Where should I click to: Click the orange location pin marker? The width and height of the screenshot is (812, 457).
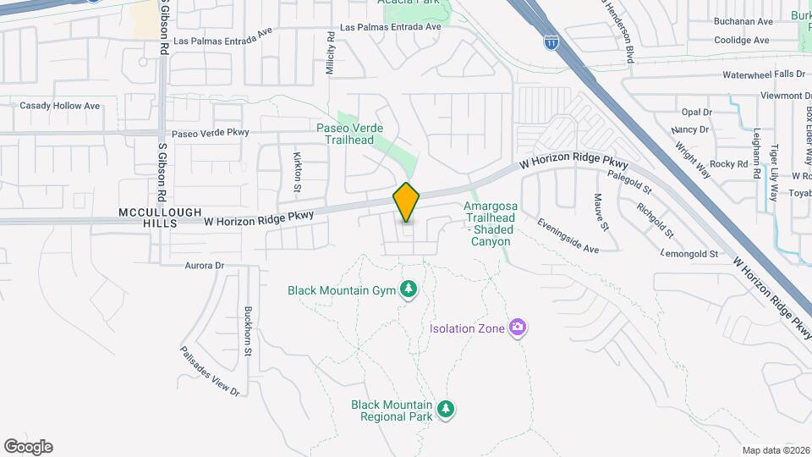point(407,203)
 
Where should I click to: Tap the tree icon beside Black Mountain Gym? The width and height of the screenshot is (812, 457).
point(409,290)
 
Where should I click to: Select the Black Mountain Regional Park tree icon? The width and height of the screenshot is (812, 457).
point(446,410)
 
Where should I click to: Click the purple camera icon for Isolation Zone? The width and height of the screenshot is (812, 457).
point(518,328)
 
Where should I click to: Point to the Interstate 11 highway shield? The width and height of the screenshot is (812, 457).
point(551,42)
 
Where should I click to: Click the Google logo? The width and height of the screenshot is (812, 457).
point(28,447)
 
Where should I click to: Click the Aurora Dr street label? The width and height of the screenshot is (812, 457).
point(204,265)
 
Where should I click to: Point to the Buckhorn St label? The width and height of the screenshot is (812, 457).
point(249,330)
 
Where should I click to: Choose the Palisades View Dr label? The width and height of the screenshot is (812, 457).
point(210,371)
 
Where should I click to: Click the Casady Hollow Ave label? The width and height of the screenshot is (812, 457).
point(59,107)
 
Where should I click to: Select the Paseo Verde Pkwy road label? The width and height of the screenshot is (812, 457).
point(211,133)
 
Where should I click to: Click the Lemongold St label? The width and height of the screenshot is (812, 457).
point(690,254)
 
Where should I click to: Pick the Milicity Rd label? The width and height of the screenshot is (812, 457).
point(331,55)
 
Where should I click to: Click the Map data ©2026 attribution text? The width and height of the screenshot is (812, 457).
point(775,450)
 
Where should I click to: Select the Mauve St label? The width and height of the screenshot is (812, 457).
point(601,211)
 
